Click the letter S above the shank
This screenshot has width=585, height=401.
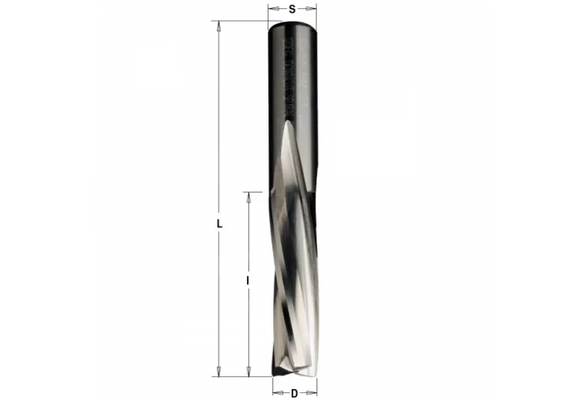(292, 9)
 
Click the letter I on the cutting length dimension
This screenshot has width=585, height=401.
(248, 281)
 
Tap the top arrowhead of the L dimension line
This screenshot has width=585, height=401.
(216, 26)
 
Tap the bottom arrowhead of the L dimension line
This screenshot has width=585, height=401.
(216, 371)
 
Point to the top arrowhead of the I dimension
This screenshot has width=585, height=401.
(248, 196)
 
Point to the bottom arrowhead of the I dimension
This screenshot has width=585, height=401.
(248, 371)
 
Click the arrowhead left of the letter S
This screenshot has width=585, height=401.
(272, 9)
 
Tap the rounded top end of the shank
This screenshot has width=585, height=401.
(292, 24)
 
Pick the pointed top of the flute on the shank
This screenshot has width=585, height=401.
(288, 124)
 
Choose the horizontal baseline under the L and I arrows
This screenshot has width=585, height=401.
(240, 375)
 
